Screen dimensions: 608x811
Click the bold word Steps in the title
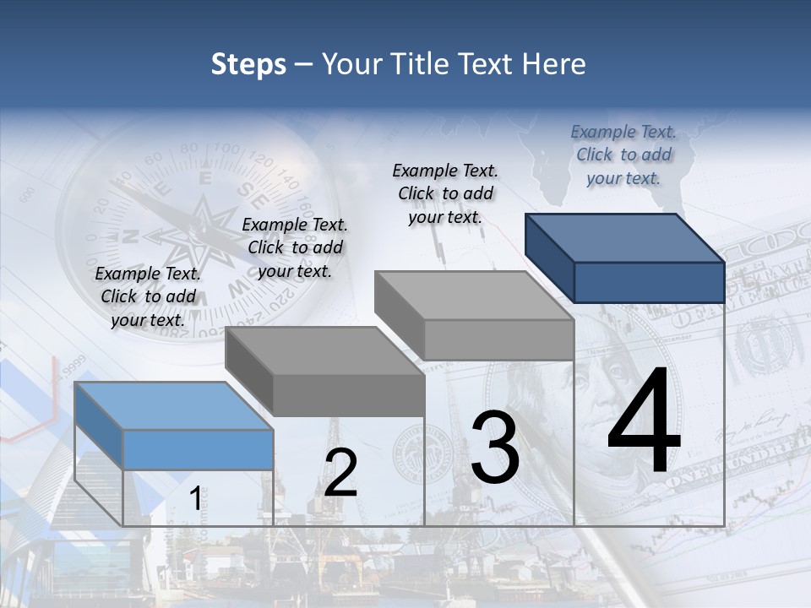[x=248, y=64]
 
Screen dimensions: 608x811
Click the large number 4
[x=644, y=422]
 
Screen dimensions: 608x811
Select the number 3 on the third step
[x=495, y=448]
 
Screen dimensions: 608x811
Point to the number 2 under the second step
[x=340, y=473]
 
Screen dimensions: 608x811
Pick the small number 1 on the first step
[x=195, y=499]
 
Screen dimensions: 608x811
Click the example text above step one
[x=148, y=296]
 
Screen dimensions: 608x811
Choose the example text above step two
[x=295, y=247]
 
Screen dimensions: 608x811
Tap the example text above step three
[x=445, y=193]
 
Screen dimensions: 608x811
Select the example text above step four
[x=623, y=155]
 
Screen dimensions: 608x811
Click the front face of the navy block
[x=649, y=282]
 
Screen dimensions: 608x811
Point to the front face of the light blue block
[x=198, y=449]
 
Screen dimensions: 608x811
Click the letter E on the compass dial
[x=204, y=178]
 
